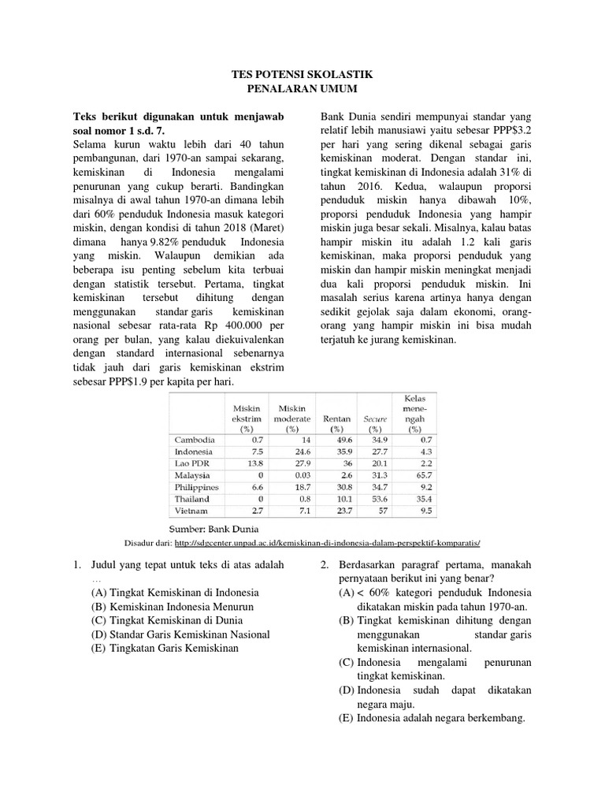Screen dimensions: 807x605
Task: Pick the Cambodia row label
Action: [x=193, y=439]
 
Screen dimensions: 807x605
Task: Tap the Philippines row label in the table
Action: [x=197, y=488]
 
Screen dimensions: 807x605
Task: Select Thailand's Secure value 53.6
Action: [x=379, y=500]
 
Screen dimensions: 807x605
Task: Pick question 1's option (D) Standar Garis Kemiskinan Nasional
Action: [x=180, y=634]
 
